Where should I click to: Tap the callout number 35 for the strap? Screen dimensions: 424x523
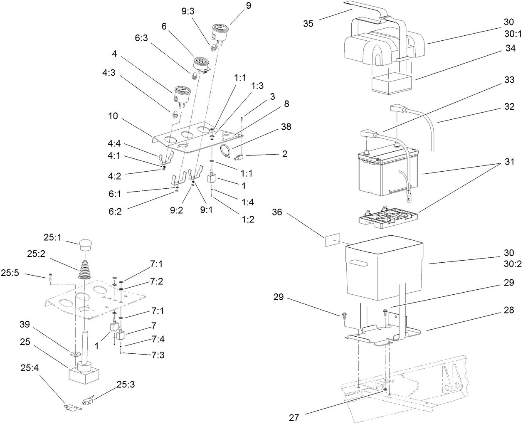point(308,23)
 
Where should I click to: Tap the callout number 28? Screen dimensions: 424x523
point(508,310)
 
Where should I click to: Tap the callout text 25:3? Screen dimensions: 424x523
point(126,385)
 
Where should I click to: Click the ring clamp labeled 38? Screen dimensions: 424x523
point(226,152)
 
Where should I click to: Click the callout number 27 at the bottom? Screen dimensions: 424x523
point(294,417)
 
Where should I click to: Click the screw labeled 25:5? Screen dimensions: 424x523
point(50,276)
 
